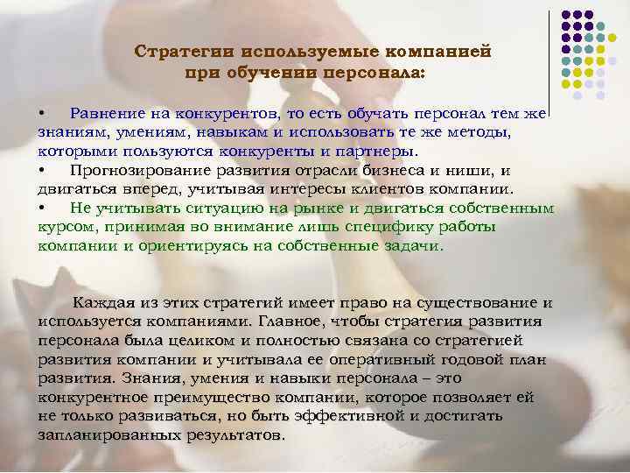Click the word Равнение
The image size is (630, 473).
(x=107, y=113)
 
